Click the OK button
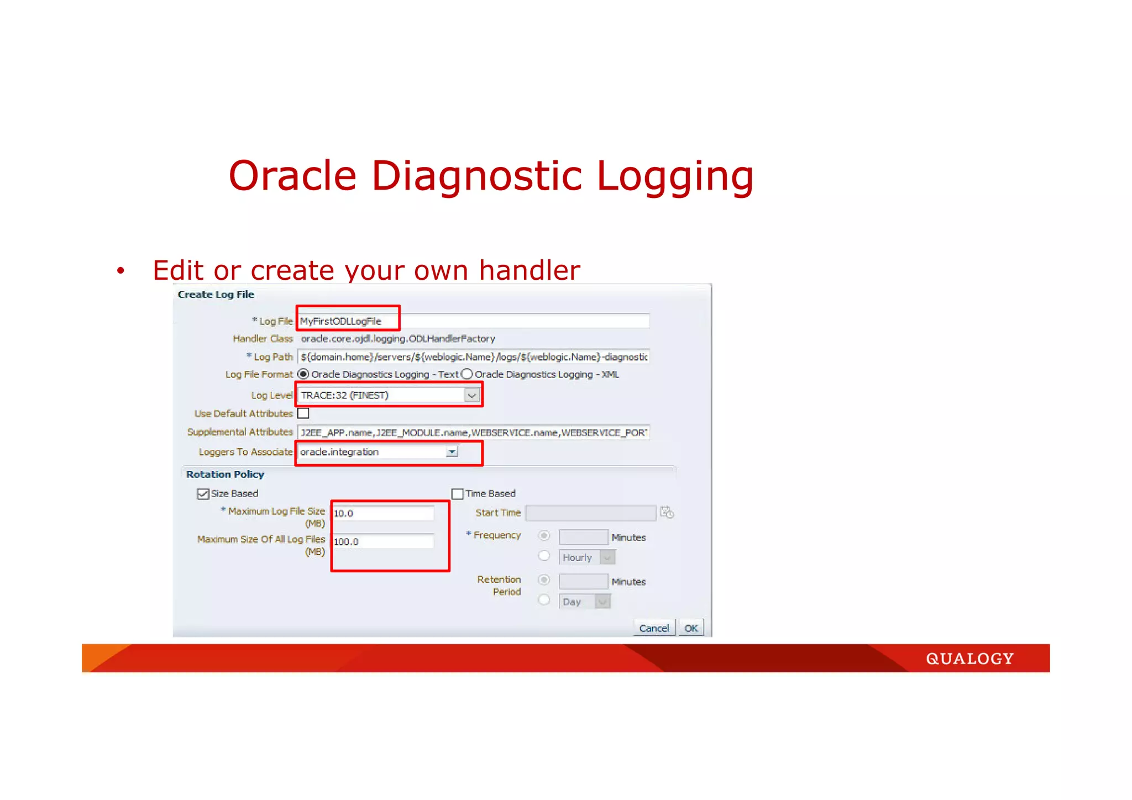[690, 628]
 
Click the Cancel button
[653, 628]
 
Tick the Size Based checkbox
[203, 494]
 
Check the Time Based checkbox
[457, 494]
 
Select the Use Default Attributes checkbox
[303, 414]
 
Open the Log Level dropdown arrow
[471, 395]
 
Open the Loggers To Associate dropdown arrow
[452, 452]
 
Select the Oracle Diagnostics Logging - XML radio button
[468, 374]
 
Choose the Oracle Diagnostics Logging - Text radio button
[303, 374]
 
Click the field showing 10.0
[382, 513]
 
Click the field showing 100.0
[382, 542]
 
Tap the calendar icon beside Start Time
[667, 513]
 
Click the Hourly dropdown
[587, 557]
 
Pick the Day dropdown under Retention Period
[585, 602]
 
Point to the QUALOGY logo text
[969, 658]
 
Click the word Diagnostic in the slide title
[477, 176]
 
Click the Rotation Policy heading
[225, 474]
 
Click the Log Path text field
[473, 357]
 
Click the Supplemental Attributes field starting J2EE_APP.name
[473, 432]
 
